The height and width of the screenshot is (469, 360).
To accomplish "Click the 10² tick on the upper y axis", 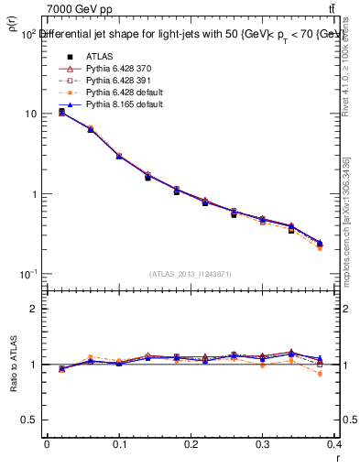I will coord(27,34).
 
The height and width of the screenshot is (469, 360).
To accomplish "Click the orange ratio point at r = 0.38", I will coord(321,374).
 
